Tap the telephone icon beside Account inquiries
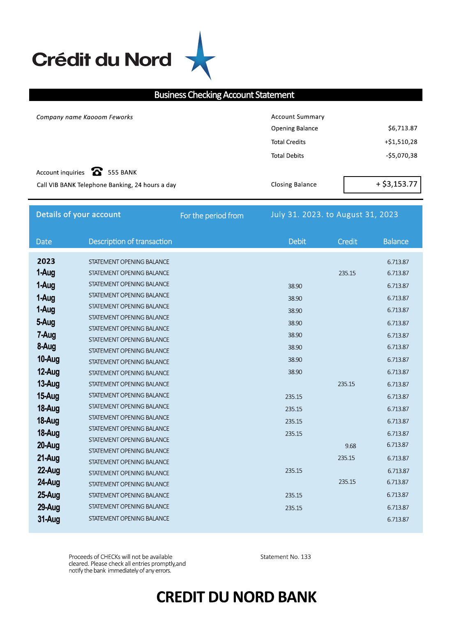[x=97, y=171]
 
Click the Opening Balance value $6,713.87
[x=402, y=128]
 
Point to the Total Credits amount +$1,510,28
[x=401, y=142]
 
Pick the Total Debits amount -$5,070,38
[x=401, y=156]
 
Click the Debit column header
[x=297, y=241]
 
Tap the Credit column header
[x=347, y=241]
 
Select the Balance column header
[x=396, y=241]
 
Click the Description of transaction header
[x=130, y=241]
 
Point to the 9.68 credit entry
[x=351, y=446]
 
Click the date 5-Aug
[x=46, y=322]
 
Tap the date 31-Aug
[x=48, y=519]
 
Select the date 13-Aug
[x=48, y=384]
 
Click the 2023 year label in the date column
[x=46, y=261]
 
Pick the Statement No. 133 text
[x=286, y=557]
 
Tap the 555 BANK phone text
[x=122, y=172]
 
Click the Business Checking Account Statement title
[x=224, y=95]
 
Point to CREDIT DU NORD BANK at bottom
[x=236, y=597]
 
